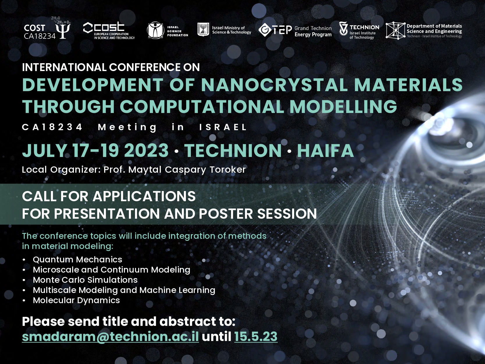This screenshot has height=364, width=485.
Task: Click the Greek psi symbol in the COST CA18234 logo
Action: [63, 31]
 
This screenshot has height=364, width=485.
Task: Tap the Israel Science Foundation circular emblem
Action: [156, 30]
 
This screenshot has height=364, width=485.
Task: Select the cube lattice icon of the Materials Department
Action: [395, 31]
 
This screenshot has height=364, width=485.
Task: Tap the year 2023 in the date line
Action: [146, 150]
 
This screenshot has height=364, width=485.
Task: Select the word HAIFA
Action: [326, 150]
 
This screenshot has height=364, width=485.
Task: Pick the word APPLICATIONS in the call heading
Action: [144, 196]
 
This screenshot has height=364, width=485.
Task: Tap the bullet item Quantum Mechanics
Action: [77, 260]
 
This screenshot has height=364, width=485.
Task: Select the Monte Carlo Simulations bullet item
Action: [85, 280]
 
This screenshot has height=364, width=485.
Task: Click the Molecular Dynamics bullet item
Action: [76, 300]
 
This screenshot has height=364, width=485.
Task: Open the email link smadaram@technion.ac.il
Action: [110, 337]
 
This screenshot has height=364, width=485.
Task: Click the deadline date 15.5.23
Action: [256, 337]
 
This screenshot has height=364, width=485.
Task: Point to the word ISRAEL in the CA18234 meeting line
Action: [223, 127]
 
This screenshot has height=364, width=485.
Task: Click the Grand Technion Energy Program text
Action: [313, 31]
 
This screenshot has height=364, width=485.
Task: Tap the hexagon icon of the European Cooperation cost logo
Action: [88, 28]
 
